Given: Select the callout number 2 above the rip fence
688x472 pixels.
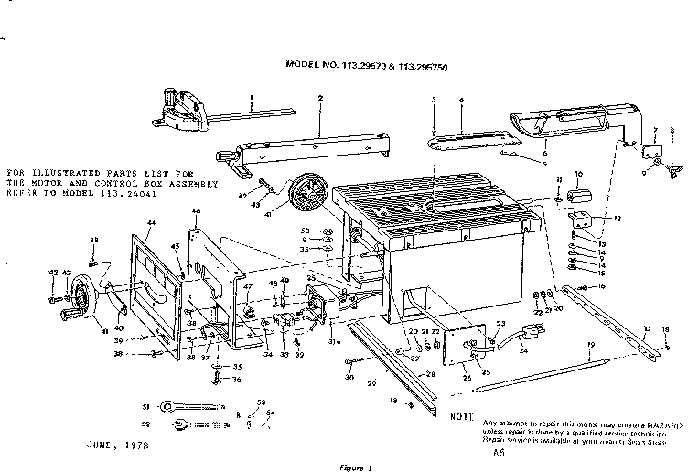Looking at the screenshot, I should point(320,98).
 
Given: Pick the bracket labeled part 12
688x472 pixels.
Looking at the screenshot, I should point(578,220).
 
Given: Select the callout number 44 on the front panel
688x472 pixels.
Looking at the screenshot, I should point(150,223).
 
